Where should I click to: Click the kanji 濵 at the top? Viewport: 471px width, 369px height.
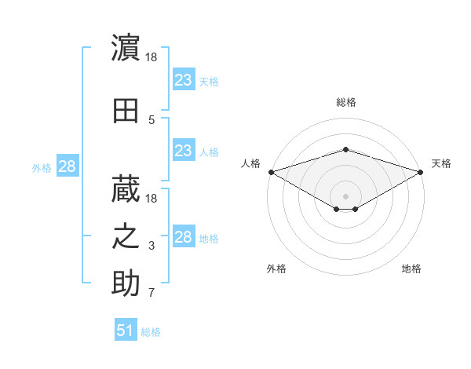126,47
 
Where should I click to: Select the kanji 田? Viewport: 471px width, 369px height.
126,111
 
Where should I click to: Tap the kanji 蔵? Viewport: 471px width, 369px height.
126,189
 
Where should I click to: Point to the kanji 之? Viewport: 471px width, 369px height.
126,236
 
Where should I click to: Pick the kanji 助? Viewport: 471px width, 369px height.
126,283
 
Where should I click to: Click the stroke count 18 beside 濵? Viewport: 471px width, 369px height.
151,57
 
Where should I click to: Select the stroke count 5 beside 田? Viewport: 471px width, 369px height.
152,120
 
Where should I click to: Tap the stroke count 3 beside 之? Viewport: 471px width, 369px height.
152,246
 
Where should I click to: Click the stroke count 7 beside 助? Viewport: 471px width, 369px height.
152,292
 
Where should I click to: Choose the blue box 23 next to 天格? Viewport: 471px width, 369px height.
184,79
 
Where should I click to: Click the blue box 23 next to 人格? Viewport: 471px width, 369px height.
184,150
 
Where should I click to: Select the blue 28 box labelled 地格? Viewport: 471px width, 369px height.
184,236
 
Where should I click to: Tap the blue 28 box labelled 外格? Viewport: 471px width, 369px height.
68,166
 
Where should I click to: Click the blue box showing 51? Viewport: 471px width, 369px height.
126,329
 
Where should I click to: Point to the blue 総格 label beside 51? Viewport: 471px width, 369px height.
151,332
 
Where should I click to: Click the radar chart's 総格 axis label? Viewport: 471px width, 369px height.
346,102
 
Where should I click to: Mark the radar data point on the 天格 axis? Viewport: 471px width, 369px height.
421,172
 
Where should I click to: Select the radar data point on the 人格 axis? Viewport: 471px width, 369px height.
272,172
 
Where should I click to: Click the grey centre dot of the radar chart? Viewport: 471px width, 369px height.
345,196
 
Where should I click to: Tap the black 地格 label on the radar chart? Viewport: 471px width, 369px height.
411,269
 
